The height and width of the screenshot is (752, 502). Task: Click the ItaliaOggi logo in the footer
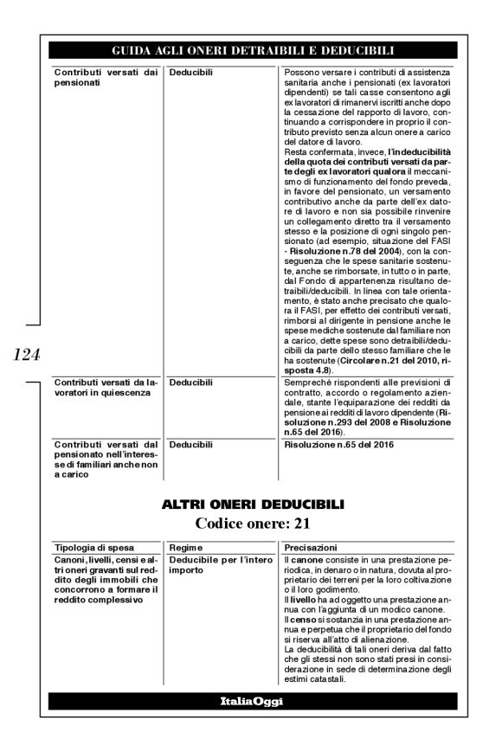251,701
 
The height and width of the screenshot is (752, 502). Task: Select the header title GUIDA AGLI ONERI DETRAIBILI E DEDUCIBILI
251,50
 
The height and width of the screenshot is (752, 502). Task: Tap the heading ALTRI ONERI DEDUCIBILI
251,503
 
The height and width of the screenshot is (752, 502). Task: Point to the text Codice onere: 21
251,522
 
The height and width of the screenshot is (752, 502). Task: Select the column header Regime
186,548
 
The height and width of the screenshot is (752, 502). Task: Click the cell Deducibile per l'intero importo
213,566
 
